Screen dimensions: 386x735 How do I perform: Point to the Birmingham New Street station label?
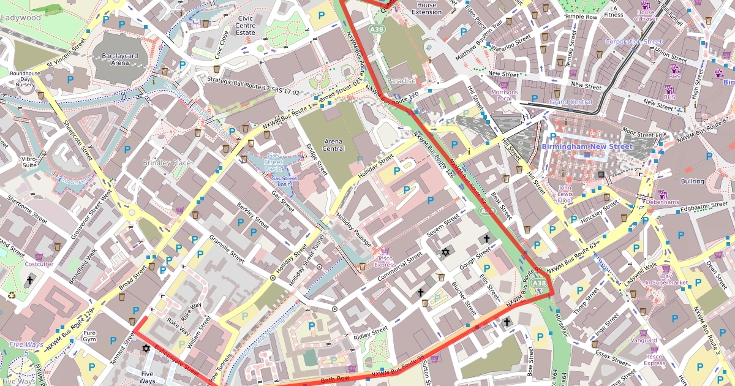(587, 147)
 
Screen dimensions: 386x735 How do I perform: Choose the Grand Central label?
(571, 102)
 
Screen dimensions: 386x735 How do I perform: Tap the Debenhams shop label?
(661, 202)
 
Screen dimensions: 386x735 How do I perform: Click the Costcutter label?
(39, 264)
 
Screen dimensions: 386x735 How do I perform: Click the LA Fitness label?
(613, 11)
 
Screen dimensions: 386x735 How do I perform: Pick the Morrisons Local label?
(504, 95)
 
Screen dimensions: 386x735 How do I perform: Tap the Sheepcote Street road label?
(78, 140)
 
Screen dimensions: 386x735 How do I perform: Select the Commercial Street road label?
(400, 267)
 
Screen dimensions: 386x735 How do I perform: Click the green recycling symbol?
(12, 295)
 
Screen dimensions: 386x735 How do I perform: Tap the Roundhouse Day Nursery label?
(25, 80)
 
